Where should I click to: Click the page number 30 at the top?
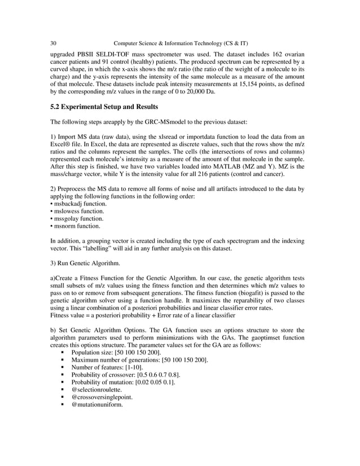[x=53, y=43]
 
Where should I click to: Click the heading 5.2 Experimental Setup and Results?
[x=105, y=107]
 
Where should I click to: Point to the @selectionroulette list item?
[x=96, y=389]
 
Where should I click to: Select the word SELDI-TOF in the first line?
[x=109, y=54]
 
